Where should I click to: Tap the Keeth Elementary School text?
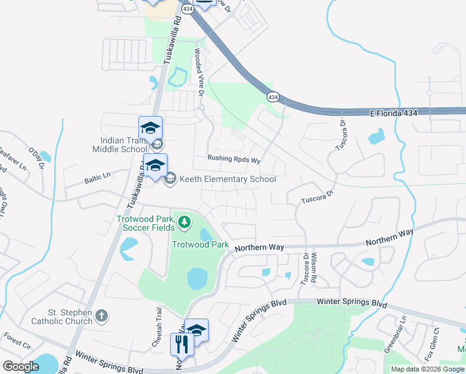(227, 180)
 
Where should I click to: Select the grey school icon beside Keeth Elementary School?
(169, 180)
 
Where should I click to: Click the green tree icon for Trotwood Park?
(184, 221)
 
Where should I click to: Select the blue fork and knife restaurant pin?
(182, 343)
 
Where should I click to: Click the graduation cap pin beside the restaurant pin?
(197, 330)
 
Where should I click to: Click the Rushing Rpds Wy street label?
(234, 159)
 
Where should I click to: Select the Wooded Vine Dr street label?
(200, 74)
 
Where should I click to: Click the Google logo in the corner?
(21, 366)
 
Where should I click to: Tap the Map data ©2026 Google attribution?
(427, 369)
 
